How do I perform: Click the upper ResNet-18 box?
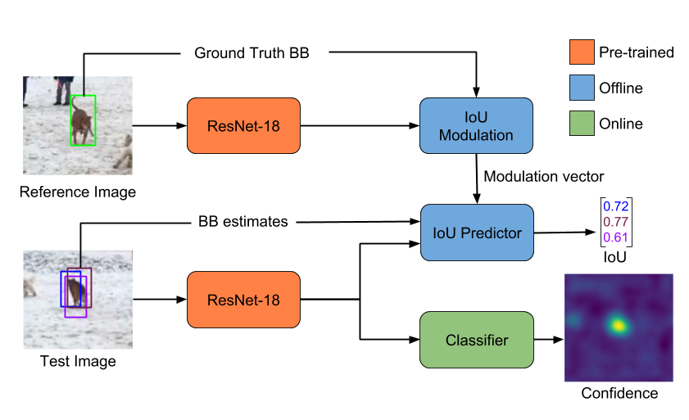pyautogui.click(x=243, y=126)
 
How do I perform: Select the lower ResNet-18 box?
pyautogui.click(x=243, y=300)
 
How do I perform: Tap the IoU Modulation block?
pyautogui.click(x=476, y=126)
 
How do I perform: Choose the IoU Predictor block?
pyautogui.click(x=477, y=233)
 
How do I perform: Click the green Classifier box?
pyautogui.click(x=476, y=340)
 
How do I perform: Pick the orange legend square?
pyautogui.click(x=582, y=52)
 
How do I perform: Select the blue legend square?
pyautogui.click(x=582, y=88)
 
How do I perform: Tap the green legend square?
pyautogui.click(x=582, y=123)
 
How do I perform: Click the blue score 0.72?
pyautogui.click(x=616, y=206)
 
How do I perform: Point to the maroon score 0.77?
pyautogui.click(x=616, y=222)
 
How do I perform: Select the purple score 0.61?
pyautogui.click(x=616, y=237)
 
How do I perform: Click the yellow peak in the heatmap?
pyautogui.click(x=619, y=326)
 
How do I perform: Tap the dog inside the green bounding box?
pyautogui.click(x=81, y=124)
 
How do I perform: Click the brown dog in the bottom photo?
pyautogui.click(x=75, y=291)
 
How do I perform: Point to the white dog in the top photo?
pyautogui.click(x=124, y=152)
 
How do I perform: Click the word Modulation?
pyautogui.click(x=476, y=135)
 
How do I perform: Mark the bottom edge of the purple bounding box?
pyautogui.click(x=75, y=317)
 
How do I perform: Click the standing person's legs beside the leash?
pyautogui.click(x=62, y=91)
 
